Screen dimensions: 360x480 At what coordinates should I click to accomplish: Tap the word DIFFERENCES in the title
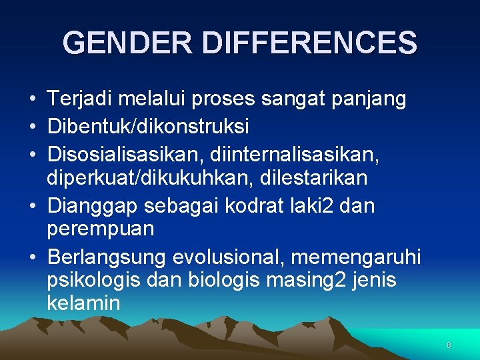(x=309, y=43)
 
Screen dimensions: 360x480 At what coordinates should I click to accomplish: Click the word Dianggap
(x=94, y=207)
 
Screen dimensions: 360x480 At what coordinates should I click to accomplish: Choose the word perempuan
(x=101, y=229)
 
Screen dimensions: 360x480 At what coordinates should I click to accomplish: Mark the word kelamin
(x=83, y=303)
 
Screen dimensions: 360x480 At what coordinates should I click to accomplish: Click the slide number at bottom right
(x=449, y=345)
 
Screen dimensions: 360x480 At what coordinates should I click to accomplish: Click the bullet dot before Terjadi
(x=32, y=100)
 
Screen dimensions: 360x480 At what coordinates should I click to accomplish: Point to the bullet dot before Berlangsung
(x=32, y=257)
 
